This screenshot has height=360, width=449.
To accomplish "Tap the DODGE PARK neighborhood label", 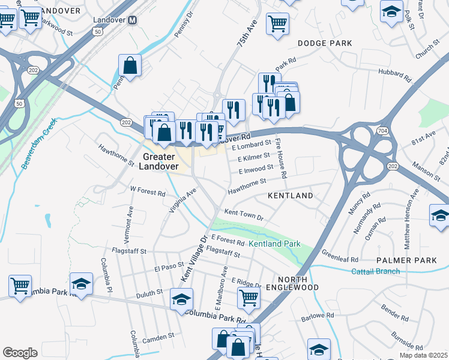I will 325,43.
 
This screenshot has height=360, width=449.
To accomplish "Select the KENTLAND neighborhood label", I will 290,196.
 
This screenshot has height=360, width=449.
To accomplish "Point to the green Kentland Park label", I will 274,244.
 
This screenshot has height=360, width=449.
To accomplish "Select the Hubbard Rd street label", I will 394,76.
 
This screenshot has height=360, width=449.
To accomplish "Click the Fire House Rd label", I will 281,158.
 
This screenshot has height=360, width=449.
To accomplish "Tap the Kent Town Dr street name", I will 244,214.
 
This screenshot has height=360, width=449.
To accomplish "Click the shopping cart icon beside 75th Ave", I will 277,25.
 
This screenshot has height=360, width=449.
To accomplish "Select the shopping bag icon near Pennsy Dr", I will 130,65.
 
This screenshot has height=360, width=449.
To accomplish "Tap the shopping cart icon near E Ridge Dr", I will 248,296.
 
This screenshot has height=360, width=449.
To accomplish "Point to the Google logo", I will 20,353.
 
